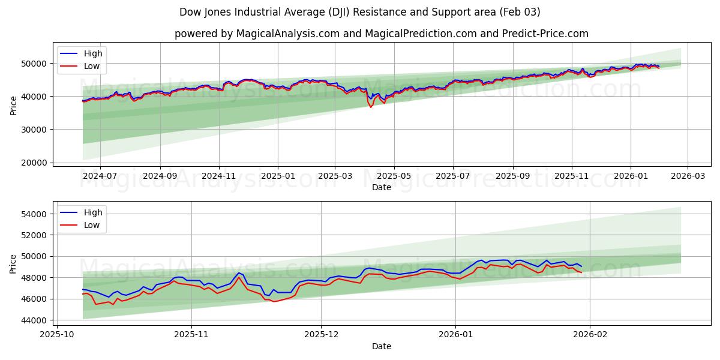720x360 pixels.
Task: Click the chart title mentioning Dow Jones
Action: click(359, 12)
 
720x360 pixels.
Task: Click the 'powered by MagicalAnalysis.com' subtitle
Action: click(381, 34)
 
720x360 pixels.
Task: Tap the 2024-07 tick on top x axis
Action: click(100, 176)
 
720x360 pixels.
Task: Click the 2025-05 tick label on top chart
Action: click(394, 176)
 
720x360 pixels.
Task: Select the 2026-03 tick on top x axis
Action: click(688, 176)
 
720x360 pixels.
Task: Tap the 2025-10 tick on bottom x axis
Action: click(57, 335)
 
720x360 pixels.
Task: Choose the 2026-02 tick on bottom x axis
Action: click(590, 335)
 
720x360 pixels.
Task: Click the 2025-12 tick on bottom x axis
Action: click(322, 335)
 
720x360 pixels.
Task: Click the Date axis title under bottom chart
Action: click(381, 346)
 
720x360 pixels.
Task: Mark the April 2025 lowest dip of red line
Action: click(371, 107)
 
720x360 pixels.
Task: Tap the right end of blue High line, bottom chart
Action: click(581, 266)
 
